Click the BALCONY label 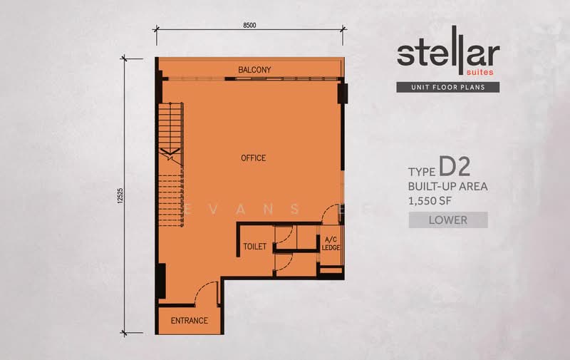pyautogui.click(x=254, y=69)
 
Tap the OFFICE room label pyautogui.click(x=254, y=158)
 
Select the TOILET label pyautogui.click(x=255, y=247)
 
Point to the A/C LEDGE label pyautogui.click(x=331, y=244)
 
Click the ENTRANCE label pyautogui.click(x=190, y=320)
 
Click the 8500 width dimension pyautogui.click(x=249, y=25)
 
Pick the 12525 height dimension pyautogui.click(x=120, y=195)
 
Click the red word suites pyautogui.click(x=480, y=72)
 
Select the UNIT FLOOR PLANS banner pyautogui.click(x=448, y=87)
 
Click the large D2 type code pyautogui.click(x=455, y=167)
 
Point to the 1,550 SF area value pyautogui.click(x=430, y=201)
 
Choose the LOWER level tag pyautogui.click(x=448, y=220)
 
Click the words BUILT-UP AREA pyautogui.click(x=448, y=186)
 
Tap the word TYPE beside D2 pyautogui.click(x=422, y=172)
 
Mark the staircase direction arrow pyautogui.click(x=170, y=154)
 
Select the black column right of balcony pyautogui.click(x=343, y=93)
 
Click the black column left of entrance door pyautogui.click(x=161, y=281)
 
